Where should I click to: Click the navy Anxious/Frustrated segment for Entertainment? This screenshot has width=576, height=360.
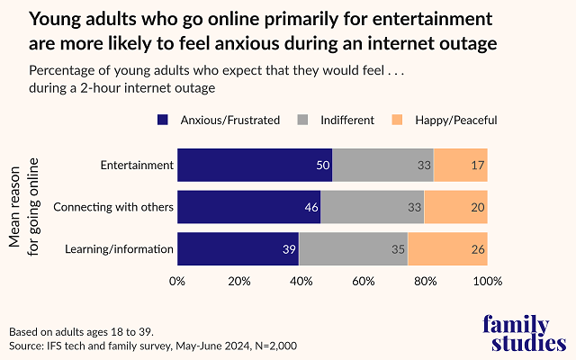click(255, 166)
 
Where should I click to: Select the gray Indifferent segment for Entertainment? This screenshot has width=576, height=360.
click(382, 166)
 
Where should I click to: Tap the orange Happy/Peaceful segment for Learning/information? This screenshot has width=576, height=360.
click(447, 249)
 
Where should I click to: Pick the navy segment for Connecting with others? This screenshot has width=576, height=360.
click(248, 208)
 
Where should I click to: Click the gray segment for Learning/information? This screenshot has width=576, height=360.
click(353, 249)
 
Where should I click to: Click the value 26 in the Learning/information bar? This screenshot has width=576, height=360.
click(477, 249)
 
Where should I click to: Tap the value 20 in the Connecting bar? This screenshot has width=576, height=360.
click(477, 208)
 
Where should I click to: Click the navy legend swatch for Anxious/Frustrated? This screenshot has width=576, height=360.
click(163, 120)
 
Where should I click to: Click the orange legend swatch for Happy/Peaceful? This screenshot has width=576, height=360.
click(399, 120)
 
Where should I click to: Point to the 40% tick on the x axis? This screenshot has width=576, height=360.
click(301, 281)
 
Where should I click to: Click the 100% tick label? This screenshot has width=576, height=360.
click(487, 281)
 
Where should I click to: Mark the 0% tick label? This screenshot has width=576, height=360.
click(177, 281)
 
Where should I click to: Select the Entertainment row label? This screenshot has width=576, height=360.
click(137, 166)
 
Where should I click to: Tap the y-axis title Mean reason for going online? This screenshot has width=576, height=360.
click(25, 207)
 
